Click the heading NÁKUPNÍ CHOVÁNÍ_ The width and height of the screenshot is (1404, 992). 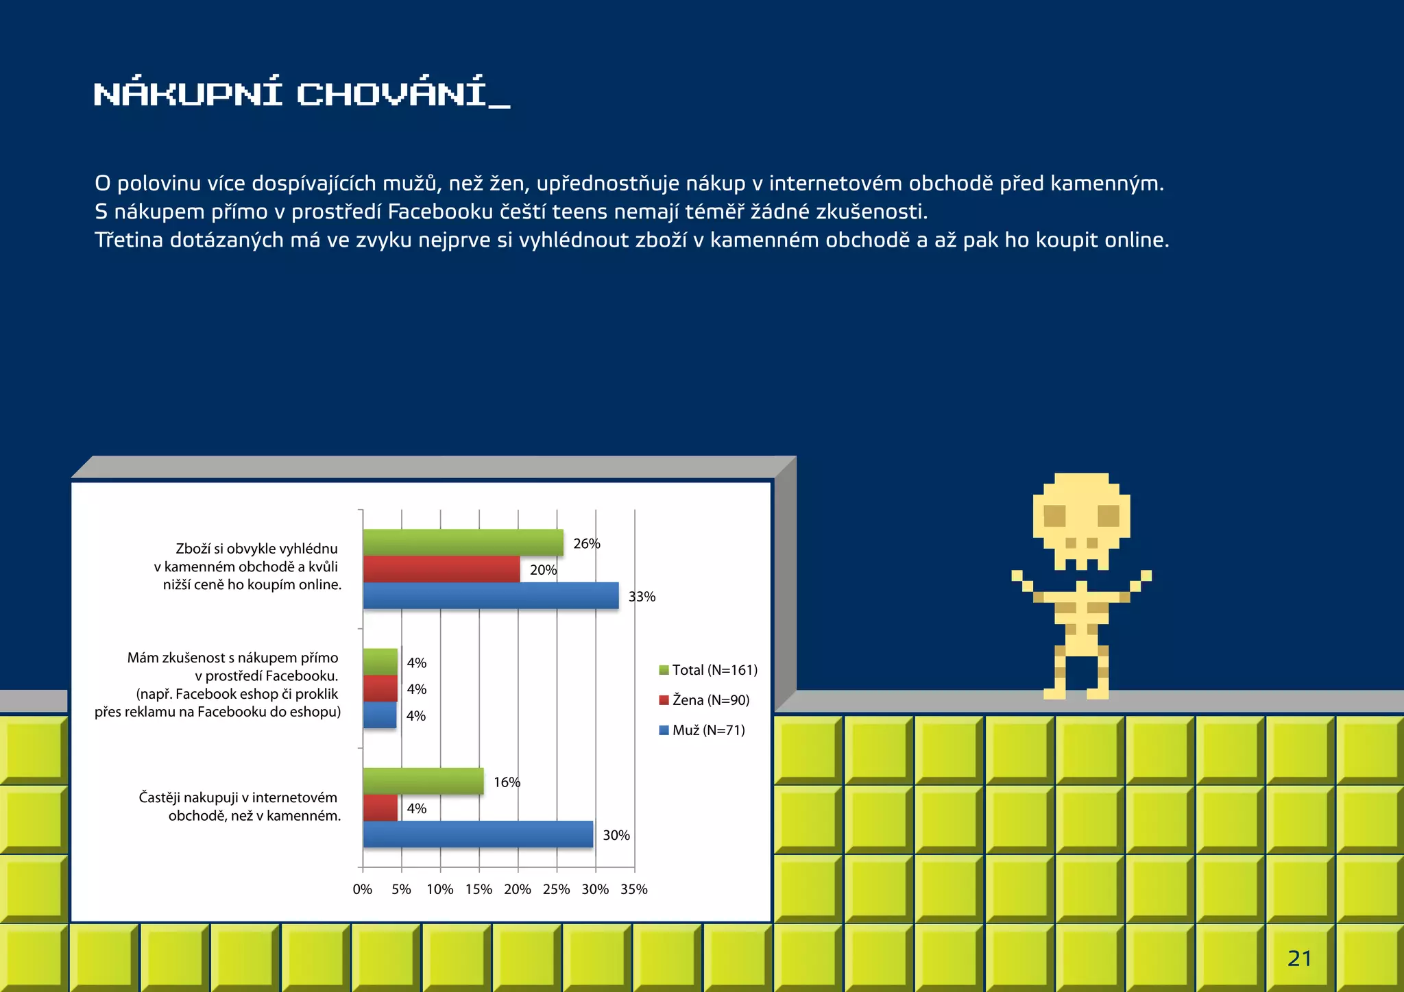click(302, 94)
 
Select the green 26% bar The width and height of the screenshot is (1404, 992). click(463, 543)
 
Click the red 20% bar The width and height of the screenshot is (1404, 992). click(441, 569)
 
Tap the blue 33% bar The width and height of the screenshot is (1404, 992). click(490, 595)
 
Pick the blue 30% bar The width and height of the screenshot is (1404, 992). click(478, 834)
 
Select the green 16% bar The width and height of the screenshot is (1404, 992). click(423, 782)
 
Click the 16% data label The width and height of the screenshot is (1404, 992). click(507, 782)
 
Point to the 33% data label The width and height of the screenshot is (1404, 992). click(642, 597)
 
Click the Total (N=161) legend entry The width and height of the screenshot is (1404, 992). click(708, 670)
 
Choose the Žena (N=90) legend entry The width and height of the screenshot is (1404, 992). click(704, 700)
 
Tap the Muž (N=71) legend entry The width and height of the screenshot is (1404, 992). click(702, 730)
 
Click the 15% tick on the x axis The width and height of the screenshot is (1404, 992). click(479, 889)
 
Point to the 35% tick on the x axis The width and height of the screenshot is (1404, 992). click(634, 889)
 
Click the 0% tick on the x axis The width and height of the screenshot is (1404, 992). click(363, 889)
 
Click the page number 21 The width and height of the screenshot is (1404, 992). click(1299, 958)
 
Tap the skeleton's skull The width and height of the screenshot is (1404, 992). click(1081, 521)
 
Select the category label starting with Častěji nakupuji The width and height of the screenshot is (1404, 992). click(239, 806)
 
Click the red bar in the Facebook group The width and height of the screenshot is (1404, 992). click(380, 689)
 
